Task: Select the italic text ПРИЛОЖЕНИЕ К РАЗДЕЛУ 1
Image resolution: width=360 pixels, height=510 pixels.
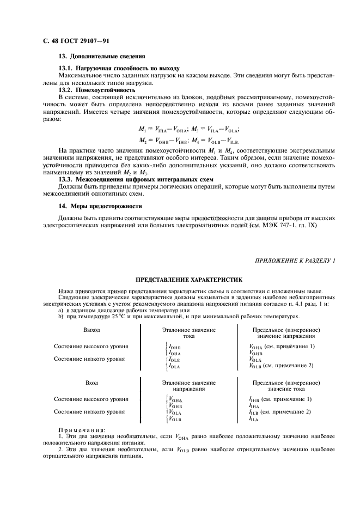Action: (295, 261)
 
